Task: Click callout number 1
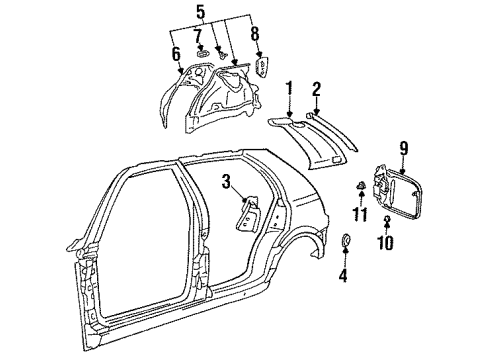pyautogui.click(x=289, y=89)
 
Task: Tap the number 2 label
pyautogui.click(x=316, y=89)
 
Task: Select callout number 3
pyautogui.click(x=227, y=182)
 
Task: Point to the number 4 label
pyautogui.click(x=343, y=276)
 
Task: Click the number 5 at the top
pyautogui.click(x=201, y=12)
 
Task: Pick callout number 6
pyautogui.click(x=176, y=54)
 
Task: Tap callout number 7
pyautogui.click(x=198, y=36)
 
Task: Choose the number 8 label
pyautogui.click(x=255, y=33)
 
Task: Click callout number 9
pyautogui.click(x=404, y=148)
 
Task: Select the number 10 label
pyautogui.click(x=386, y=242)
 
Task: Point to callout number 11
pyautogui.click(x=360, y=214)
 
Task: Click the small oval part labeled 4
pyautogui.click(x=346, y=240)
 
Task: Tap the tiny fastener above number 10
pyautogui.click(x=387, y=218)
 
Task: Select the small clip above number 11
pyautogui.click(x=361, y=185)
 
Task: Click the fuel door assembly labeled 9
pyautogui.click(x=397, y=192)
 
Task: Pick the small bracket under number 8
pyautogui.click(x=262, y=67)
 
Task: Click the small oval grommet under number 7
pyautogui.click(x=203, y=54)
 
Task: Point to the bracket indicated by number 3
pyautogui.click(x=248, y=214)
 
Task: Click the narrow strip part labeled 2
pyautogui.click(x=332, y=132)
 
